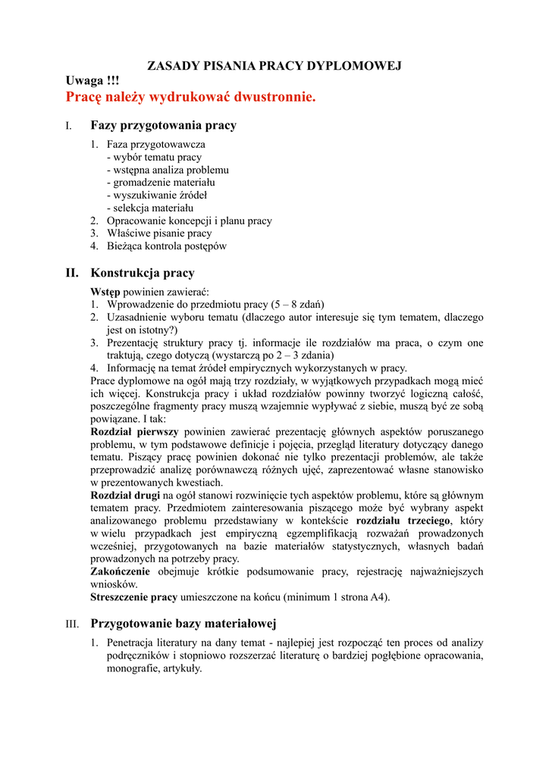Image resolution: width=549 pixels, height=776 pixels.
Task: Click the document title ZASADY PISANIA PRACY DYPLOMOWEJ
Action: pyautogui.click(x=274, y=66)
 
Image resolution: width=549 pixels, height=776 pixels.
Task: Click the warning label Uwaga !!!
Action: pyautogui.click(x=93, y=81)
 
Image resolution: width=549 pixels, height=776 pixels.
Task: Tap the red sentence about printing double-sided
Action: pyautogui.click(x=190, y=97)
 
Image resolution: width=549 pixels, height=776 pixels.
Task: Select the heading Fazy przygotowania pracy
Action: pyautogui.click(x=163, y=125)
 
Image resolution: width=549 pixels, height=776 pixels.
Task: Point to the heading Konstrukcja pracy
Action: pyautogui.click(x=143, y=273)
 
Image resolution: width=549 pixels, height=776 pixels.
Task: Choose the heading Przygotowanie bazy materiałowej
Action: pyautogui.click(x=184, y=624)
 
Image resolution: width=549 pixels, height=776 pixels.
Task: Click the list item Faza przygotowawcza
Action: pyautogui.click(x=155, y=144)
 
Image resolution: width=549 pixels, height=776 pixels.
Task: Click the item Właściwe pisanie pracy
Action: pyautogui.click(x=158, y=233)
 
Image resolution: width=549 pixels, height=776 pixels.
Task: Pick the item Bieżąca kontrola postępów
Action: pyautogui.click(x=166, y=246)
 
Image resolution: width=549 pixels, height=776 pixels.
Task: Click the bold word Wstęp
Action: pyautogui.click(x=105, y=292)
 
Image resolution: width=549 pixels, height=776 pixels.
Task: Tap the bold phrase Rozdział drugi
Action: pyautogui.click(x=126, y=495)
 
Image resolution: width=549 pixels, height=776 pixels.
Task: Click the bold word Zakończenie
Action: pyautogui.click(x=120, y=571)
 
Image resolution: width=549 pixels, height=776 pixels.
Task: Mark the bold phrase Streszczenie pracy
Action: pyautogui.click(x=133, y=597)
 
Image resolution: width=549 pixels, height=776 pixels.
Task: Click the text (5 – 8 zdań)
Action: pyautogui.click(x=292, y=305)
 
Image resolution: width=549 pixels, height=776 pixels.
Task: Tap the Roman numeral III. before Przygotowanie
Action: pyautogui.click(x=72, y=624)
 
